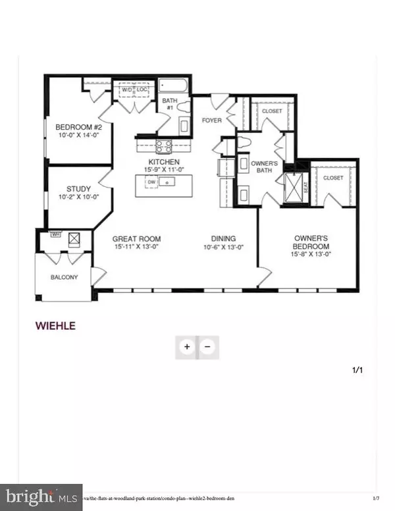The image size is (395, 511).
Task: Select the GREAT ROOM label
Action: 136,239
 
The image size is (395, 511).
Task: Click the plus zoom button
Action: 187,346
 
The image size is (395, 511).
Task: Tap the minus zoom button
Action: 207,346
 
